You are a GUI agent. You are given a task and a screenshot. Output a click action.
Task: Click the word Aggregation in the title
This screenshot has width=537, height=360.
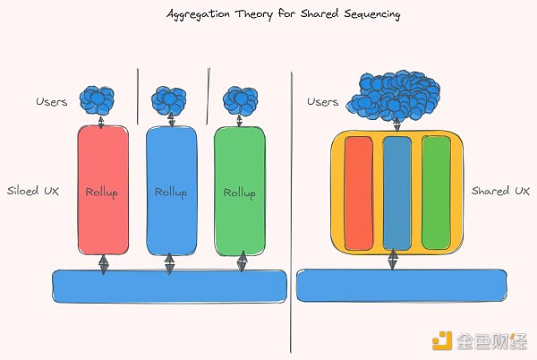pos(198,14)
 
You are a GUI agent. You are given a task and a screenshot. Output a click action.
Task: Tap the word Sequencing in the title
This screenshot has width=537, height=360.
pos(372,14)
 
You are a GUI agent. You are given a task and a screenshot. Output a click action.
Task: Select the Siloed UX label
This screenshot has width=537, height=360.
pos(33,191)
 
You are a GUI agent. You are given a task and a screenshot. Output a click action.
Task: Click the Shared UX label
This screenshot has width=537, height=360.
pos(500,191)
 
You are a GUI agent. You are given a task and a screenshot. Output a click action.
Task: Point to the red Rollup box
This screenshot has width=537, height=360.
pos(103,190)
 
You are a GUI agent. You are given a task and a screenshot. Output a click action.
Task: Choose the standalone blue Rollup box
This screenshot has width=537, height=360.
pos(171,191)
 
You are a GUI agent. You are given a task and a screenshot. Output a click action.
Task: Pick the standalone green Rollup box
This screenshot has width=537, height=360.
pos(240,191)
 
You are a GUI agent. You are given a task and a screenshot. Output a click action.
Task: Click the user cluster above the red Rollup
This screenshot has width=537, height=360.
pos(97,100)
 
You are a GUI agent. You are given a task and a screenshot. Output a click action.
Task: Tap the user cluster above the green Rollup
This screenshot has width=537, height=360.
pos(241,100)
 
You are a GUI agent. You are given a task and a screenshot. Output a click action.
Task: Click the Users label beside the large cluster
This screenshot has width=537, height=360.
pos(322,102)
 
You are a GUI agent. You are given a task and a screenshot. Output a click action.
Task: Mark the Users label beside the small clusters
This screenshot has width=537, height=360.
pos(52,102)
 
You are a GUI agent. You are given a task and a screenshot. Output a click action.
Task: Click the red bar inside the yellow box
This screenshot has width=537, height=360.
pos(359,193)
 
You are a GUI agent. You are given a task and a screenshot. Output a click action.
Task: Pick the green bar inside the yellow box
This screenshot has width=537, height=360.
pos(436,193)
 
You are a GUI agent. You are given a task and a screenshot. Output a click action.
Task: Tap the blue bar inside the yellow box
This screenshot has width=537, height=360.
pos(396,193)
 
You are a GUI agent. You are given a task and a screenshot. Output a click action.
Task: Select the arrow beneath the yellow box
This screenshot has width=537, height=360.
pos(393,260)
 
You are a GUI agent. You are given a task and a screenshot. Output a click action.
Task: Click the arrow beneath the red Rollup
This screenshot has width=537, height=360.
pos(103,264)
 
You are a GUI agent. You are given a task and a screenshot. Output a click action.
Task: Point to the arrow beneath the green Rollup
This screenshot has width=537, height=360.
pos(243,261)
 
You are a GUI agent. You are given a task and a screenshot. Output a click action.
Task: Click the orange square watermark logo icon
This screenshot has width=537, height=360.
pos(442,340)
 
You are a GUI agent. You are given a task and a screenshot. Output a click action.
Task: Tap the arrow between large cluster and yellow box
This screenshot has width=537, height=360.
pos(396,124)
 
